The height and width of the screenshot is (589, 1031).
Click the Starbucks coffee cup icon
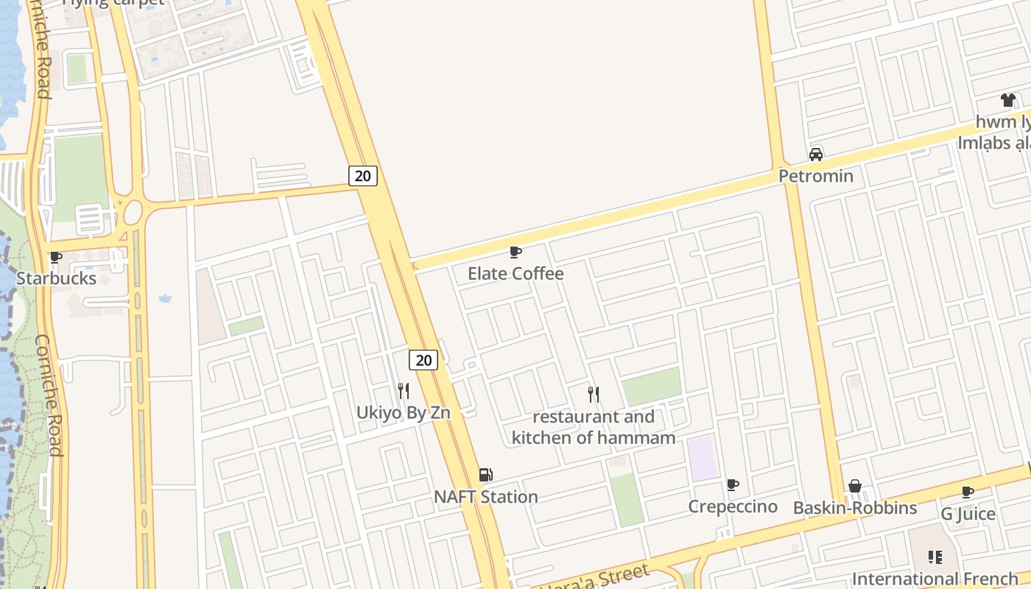[x=55, y=258]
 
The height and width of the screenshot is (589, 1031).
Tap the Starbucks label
[x=56, y=278]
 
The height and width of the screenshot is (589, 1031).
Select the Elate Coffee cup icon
[x=515, y=253]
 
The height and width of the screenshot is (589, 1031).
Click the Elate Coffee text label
[x=515, y=274]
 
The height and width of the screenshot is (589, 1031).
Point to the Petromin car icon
[x=816, y=155]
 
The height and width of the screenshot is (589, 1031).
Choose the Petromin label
[x=816, y=176]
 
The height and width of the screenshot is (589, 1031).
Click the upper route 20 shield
[x=362, y=175]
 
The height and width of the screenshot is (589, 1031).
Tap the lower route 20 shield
[x=423, y=360]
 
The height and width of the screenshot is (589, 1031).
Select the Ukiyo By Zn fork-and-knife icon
[x=404, y=390]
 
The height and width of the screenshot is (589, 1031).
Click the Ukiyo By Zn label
[x=404, y=412]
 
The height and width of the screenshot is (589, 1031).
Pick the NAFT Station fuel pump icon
[x=485, y=475]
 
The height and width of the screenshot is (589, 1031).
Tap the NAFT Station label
[x=486, y=497]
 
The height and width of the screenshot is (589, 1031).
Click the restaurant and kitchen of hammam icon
[x=594, y=395]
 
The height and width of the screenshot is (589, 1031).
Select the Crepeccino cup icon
[x=733, y=484]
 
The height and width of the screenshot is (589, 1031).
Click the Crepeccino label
[x=733, y=507]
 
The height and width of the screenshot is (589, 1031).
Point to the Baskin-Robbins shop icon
[x=855, y=486]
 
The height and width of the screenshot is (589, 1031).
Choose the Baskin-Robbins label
[x=855, y=508]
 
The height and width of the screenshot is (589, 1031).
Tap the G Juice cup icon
[x=968, y=492]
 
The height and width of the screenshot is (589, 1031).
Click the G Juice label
[x=968, y=514]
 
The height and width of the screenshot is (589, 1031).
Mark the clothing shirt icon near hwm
[x=1007, y=100]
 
